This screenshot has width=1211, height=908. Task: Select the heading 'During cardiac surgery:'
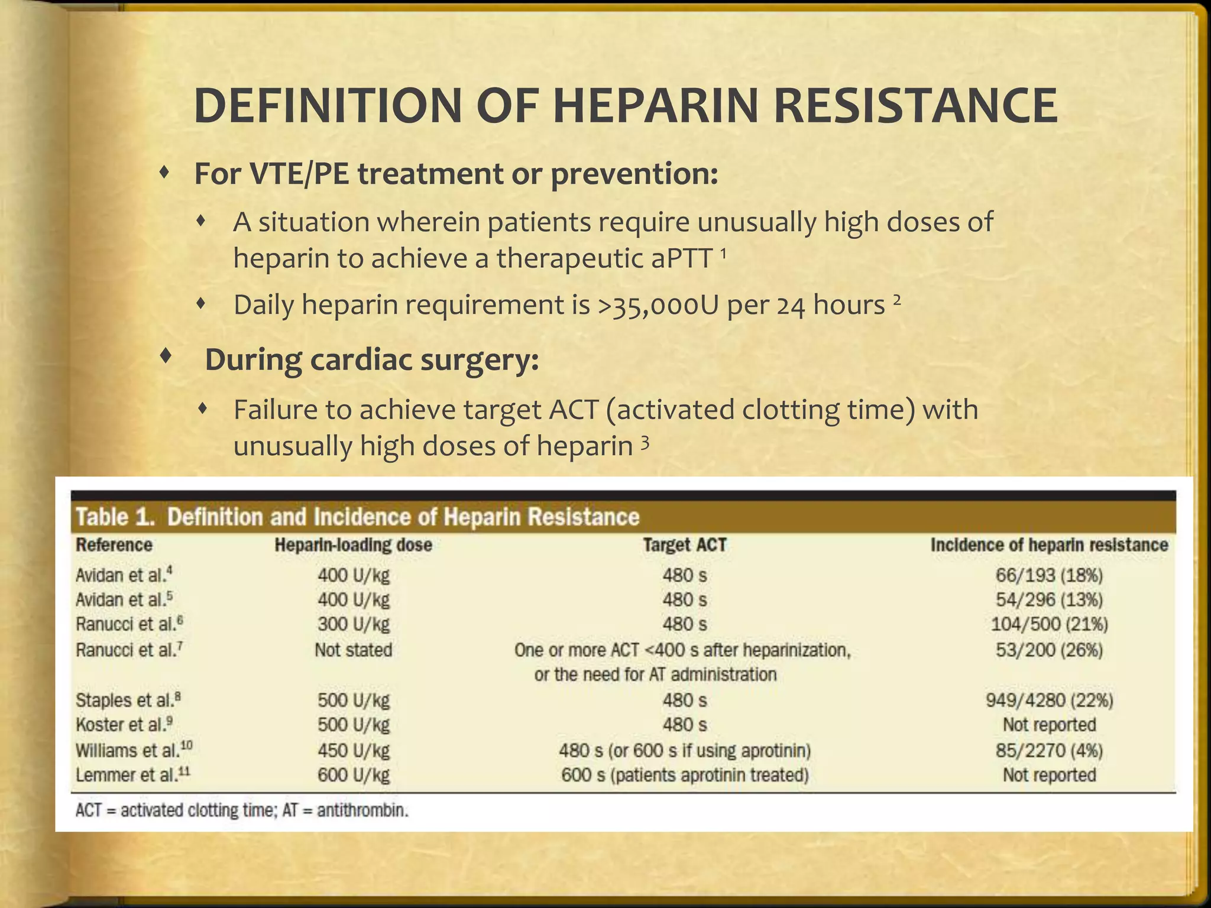371,360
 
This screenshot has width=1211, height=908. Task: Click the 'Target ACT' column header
684,544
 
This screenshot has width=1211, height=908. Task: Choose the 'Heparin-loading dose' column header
353,544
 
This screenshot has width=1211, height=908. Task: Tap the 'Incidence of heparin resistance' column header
1049,544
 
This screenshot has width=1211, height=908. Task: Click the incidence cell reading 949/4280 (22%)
1049,701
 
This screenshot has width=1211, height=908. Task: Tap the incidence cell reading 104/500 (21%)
1049,624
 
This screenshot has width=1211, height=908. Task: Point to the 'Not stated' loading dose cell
353,650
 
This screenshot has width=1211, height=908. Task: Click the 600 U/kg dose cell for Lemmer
353,775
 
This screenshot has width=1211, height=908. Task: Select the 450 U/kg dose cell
353,751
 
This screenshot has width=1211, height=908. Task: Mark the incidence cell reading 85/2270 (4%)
1049,751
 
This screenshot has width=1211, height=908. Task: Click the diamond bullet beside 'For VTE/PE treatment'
166,173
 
